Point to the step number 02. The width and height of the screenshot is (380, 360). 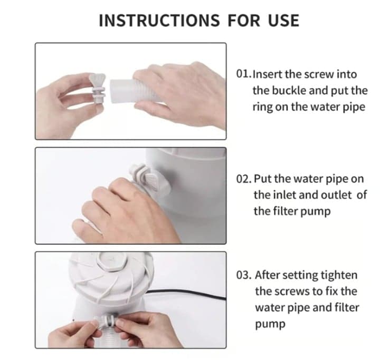(244, 179)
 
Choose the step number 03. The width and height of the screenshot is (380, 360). (244, 275)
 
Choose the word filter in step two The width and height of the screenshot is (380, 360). (286, 211)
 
